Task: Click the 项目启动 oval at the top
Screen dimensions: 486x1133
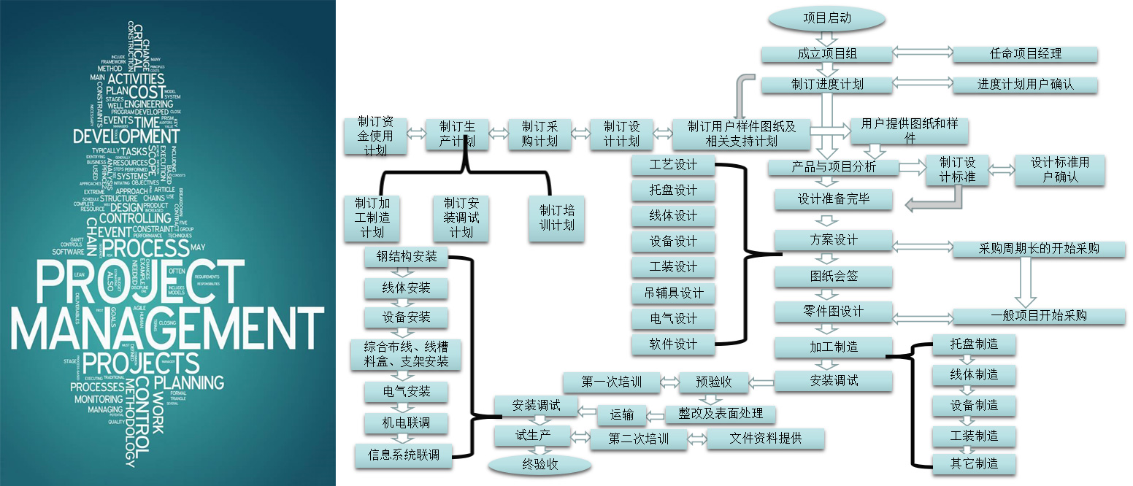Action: [826, 18]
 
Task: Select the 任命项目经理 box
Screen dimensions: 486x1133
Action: [1025, 54]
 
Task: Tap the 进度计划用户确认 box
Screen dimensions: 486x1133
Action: [1025, 85]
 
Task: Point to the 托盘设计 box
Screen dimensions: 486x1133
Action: [673, 190]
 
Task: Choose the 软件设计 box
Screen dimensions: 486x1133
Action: [673, 344]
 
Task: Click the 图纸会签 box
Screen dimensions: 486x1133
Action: [833, 277]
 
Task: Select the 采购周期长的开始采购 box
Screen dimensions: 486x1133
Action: [1038, 249]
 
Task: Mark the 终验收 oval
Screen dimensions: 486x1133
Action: [539, 464]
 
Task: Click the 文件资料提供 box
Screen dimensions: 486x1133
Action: [765, 439]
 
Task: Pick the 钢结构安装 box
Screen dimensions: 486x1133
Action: [407, 257]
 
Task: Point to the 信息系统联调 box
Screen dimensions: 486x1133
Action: [403, 454]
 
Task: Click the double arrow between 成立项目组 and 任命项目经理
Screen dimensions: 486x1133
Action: [923, 54]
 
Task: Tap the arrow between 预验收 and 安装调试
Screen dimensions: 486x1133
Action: [763, 381]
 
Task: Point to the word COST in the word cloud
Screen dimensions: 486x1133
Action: [146, 92]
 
